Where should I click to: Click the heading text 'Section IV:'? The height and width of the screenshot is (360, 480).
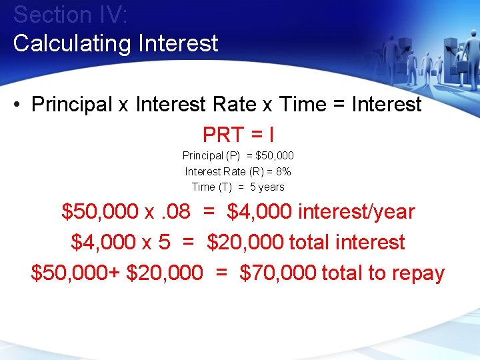pos(62,15)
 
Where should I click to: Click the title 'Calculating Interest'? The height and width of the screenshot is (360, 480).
pos(115,43)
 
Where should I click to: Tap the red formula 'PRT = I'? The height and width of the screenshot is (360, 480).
pos(238,135)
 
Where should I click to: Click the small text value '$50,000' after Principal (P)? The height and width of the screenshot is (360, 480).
pos(275,156)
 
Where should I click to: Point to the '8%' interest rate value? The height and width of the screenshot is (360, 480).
pos(283,171)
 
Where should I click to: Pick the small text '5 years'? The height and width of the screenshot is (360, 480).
pos(267,187)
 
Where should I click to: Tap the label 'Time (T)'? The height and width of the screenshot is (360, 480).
pos(211,187)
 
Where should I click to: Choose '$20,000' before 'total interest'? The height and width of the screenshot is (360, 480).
pos(245,242)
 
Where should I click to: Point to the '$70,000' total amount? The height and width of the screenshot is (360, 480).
pos(277,273)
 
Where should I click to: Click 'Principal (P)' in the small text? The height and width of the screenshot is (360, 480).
pos(211,156)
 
